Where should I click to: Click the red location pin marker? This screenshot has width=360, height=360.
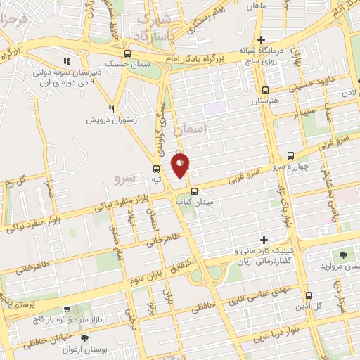180,165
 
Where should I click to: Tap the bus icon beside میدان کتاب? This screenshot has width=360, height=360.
195,190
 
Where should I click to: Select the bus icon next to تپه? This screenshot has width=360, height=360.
156,169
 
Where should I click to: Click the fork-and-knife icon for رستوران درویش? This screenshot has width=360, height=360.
111,109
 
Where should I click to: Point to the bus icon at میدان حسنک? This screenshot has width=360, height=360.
127,53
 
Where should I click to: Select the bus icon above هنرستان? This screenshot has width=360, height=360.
265,90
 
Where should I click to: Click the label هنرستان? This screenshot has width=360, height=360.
266,101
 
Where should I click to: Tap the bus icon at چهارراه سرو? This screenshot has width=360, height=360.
291,156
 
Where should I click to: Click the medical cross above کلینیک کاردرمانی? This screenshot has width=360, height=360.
265,240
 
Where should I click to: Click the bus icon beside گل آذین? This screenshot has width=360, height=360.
311,296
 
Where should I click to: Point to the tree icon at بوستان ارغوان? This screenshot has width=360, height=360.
84,337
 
